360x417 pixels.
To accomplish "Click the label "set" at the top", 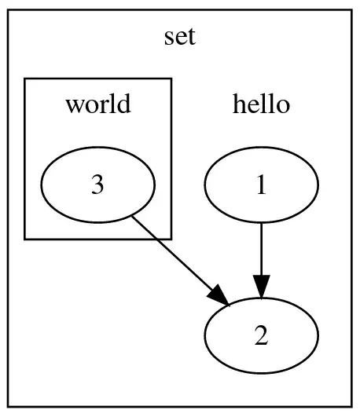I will pos(179,37).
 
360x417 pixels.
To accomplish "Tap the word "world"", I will pos(97,104).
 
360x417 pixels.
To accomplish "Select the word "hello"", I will pos(261,104).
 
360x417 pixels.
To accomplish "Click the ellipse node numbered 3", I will pos(97,185).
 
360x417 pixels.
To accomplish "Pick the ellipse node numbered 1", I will pos(261,185).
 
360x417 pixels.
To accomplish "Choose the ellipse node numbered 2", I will pos(261,336).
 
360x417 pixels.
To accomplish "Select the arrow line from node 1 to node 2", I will pos(261,247).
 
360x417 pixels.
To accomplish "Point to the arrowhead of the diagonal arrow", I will pos(219,296).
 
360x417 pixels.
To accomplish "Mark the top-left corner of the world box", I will pos(25,79).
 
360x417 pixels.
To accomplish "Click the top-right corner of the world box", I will pos(171,79).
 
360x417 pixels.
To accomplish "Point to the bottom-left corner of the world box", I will pos(25,239).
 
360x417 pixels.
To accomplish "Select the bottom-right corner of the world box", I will pos(171,239).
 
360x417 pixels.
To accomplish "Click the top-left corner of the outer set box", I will pos(9,9).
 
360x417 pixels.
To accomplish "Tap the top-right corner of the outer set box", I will pos(351,9).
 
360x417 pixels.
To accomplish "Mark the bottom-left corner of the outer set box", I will pos(9,408).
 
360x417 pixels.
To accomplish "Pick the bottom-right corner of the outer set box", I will pos(351,408).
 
